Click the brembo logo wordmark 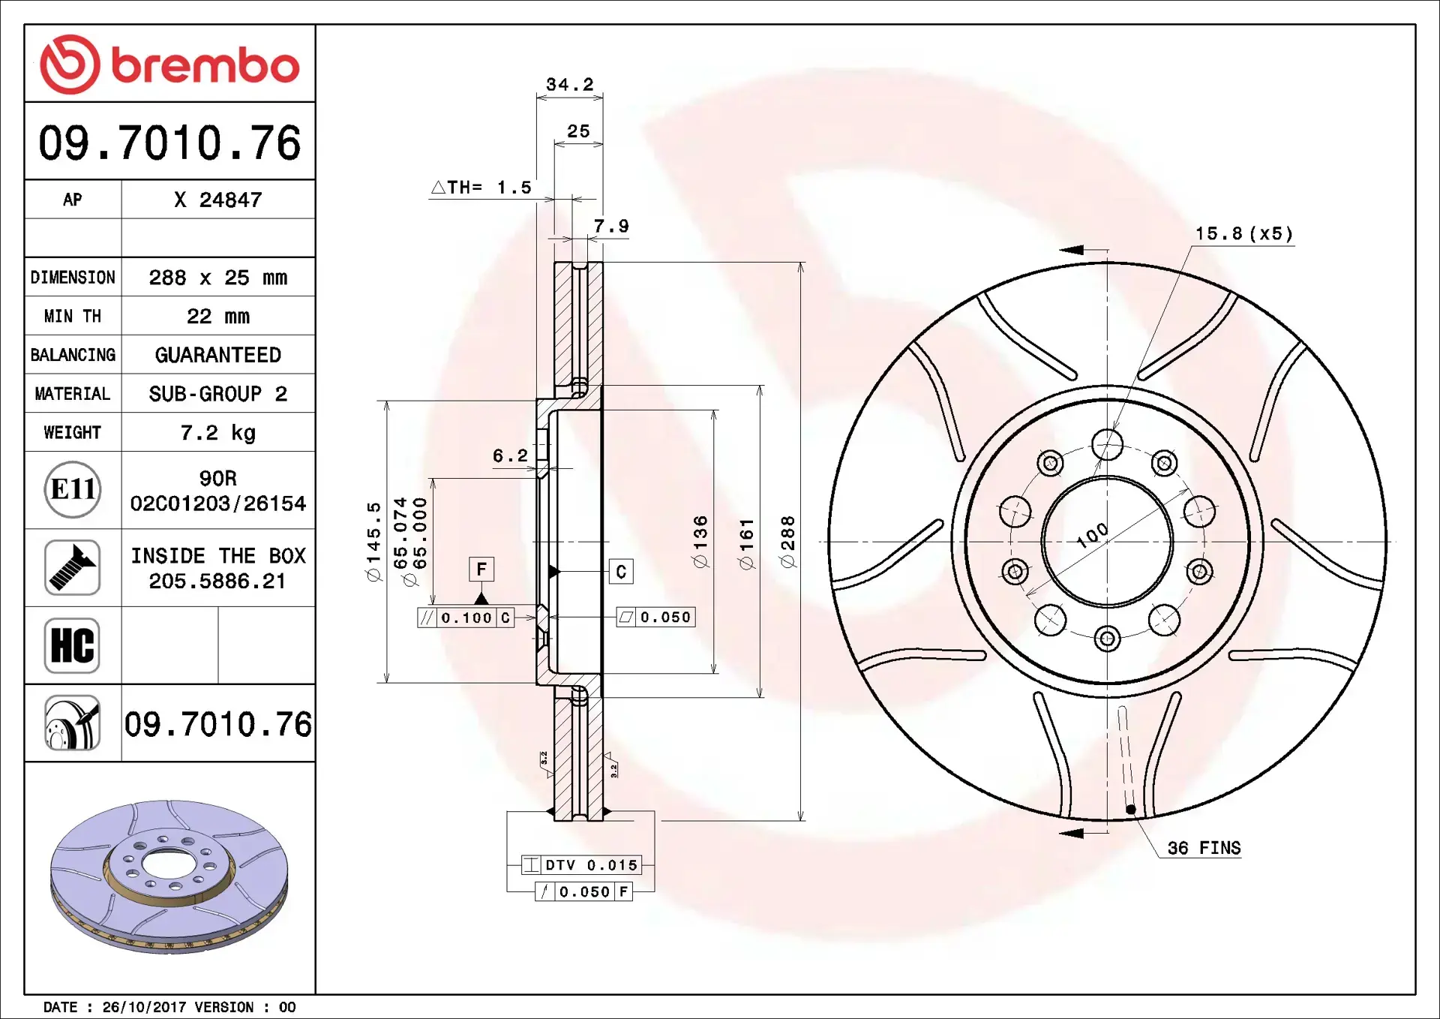click(x=204, y=65)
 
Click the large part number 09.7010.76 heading click(x=169, y=143)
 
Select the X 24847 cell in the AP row click(x=217, y=200)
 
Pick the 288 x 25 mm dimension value click(x=217, y=278)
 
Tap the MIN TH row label click(x=72, y=317)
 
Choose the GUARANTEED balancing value click(x=217, y=355)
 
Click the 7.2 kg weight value click(x=217, y=433)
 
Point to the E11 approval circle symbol click(x=72, y=490)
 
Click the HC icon click(x=72, y=645)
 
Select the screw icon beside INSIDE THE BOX click(x=72, y=568)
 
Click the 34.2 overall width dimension click(x=569, y=85)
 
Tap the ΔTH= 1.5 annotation click(x=481, y=188)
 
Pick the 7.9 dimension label click(x=610, y=227)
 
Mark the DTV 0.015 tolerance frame click(x=582, y=865)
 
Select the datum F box click(x=481, y=570)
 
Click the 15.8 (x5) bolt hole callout click(x=1243, y=234)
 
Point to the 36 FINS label click(x=1203, y=849)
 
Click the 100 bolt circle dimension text click(x=1092, y=535)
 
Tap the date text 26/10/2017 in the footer click(x=144, y=1007)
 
